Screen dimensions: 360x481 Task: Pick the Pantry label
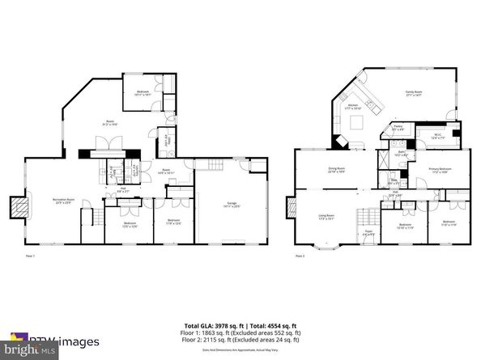click(x=399, y=127)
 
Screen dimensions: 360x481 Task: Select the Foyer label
click(x=368, y=232)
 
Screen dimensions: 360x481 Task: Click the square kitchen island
click(x=355, y=123)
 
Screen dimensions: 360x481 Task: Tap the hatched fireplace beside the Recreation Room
click(x=17, y=207)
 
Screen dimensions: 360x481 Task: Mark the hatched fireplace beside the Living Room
click(x=288, y=205)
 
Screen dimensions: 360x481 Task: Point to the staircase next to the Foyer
click(x=368, y=216)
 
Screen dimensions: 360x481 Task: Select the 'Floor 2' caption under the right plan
click(x=300, y=256)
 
